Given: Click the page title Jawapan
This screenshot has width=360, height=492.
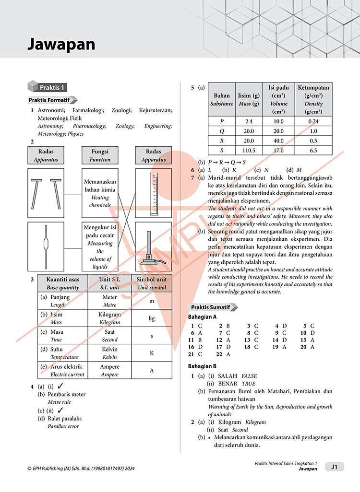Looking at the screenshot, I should coord(61,45).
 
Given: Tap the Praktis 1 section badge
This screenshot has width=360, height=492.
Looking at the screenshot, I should coord(52,87).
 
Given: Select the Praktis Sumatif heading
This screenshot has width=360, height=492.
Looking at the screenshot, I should coord(211,307).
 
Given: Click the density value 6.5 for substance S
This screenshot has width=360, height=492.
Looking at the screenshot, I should coord(313,150).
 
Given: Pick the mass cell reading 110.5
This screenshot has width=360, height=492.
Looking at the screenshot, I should coord(249,150).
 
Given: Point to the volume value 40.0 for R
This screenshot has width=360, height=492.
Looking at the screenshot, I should coord(278,141).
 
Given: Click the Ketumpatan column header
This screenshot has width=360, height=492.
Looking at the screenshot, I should coord(313,99).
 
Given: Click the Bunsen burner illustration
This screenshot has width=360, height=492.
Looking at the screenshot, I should coord(154,246).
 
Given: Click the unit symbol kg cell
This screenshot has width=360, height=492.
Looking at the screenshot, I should coord(152,318).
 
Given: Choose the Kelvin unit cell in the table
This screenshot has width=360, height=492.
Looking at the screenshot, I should coord(109,353).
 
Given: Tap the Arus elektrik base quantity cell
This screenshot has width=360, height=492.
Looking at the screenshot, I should coord(62,370).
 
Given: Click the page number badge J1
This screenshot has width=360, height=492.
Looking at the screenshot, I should coord(335,466).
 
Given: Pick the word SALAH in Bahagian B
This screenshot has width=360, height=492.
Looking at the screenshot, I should coord(228,376).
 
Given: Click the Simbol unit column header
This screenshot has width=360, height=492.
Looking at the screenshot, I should coord(152,283).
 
